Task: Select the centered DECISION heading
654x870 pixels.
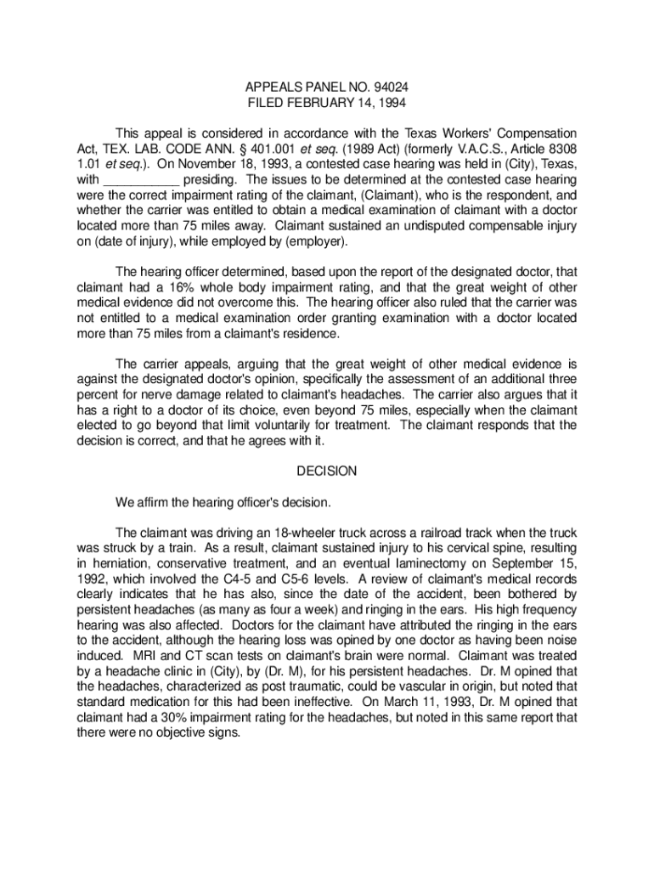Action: (327, 471)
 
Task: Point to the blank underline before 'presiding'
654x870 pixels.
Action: (141, 180)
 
